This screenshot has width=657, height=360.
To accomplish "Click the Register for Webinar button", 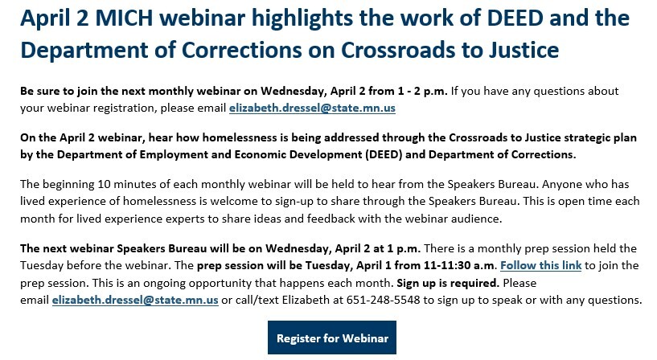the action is tap(332, 337).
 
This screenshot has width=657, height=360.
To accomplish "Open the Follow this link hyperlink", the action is tap(540, 265).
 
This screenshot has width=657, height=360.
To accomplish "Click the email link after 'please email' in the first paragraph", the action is tap(312, 108).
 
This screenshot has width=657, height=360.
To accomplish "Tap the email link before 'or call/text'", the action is tap(135, 301).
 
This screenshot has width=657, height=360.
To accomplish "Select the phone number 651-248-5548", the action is tap(383, 301).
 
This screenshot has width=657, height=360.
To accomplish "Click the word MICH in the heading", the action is tap(124, 18).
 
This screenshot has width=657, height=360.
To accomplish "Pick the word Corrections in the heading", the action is tap(242, 50).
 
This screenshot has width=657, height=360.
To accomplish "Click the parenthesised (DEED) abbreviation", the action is tap(384, 155).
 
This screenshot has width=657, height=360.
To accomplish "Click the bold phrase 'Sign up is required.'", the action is tap(448, 283).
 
